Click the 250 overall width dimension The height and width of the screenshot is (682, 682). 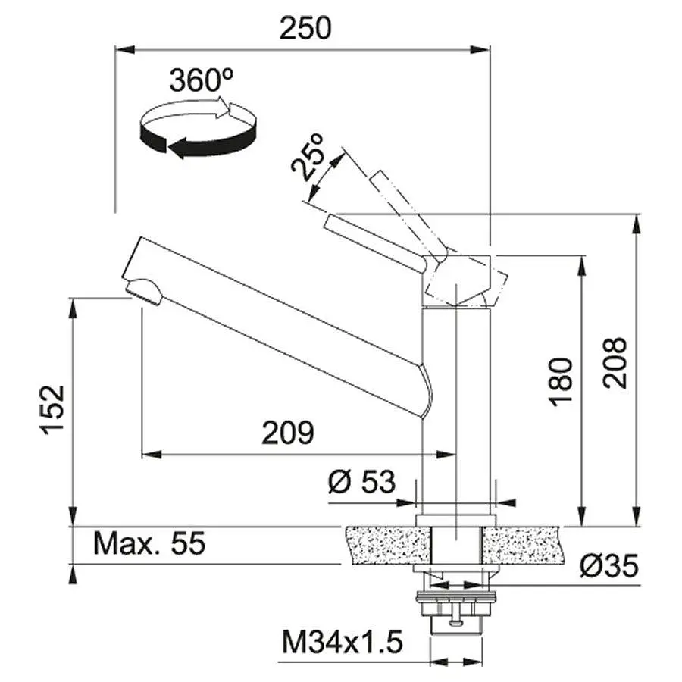(305, 28)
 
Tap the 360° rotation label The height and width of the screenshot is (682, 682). (202, 80)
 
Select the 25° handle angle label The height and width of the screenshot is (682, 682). (308, 157)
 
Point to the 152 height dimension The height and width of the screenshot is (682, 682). (52, 410)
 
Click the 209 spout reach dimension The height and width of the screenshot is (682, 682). (288, 433)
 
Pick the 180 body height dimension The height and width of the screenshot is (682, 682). (560, 382)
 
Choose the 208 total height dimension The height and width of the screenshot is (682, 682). (615, 363)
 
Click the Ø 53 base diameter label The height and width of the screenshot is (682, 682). (362, 482)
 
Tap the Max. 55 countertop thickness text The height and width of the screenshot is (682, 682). (149, 543)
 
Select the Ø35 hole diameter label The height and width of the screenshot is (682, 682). (609, 566)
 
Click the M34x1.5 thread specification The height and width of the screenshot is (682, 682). (343, 642)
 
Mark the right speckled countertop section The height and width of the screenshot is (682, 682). (521, 545)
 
